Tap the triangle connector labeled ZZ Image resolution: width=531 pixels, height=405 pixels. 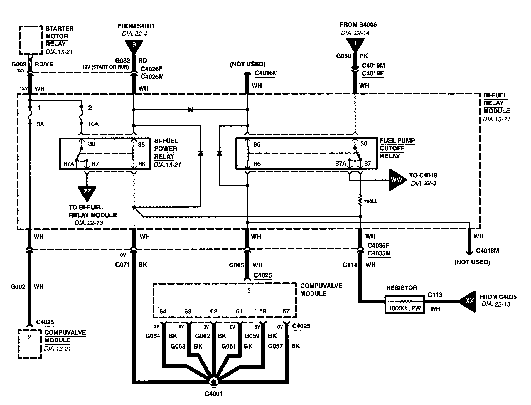87,192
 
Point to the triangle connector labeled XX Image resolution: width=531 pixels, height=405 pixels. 468,301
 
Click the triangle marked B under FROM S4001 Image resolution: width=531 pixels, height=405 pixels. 134,45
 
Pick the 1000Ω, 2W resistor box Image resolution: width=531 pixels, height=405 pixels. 404,305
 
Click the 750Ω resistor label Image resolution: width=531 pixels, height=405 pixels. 370,201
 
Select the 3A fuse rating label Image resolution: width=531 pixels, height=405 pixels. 40,124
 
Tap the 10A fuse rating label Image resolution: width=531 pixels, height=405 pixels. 93,124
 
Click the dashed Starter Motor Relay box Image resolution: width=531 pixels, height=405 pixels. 31,40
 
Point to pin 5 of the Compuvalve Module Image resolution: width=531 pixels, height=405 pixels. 249,291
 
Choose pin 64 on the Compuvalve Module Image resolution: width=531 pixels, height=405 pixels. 163,311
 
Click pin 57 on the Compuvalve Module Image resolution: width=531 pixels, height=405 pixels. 286,311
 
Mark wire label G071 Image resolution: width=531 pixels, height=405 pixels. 122,265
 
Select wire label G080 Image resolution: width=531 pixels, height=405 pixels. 343,56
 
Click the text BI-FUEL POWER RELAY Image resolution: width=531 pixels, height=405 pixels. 166,149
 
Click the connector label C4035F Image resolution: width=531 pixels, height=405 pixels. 378,246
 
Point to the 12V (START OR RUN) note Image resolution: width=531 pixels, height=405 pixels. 105,67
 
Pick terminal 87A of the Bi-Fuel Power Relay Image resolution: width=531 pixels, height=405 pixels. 69,164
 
